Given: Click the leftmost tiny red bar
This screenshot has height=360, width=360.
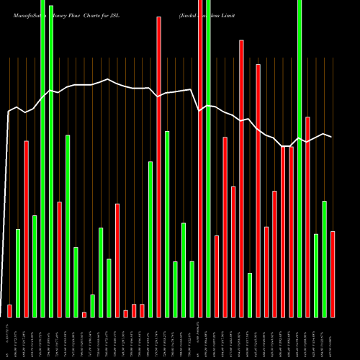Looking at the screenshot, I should pyautogui.click(x=9, y=310).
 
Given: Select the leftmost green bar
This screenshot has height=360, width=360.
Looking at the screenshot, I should pyautogui.click(x=18, y=273).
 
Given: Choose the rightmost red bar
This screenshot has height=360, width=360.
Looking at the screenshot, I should pyautogui.click(x=333, y=274).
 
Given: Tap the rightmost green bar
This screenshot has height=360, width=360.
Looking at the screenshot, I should pyautogui.click(x=325, y=258).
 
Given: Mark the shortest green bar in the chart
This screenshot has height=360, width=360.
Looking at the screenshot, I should pyautogui.click(x=93, y=305).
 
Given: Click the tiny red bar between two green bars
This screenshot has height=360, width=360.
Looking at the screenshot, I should pyautogui.click(x=84, y=314).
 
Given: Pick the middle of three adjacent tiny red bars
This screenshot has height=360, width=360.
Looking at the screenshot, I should pyautogui.click(x=134, y=310).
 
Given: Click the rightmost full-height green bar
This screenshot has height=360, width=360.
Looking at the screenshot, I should pyautogui.click(x=300, y=158).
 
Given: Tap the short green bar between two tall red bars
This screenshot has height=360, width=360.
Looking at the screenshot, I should pyautogui.click(x=250, y=294).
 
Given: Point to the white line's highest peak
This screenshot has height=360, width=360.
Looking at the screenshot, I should pyautogui.click(x=108, y=79).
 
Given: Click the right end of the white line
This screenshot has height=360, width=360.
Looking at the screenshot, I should pyautogui.click(x=331, y=136).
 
